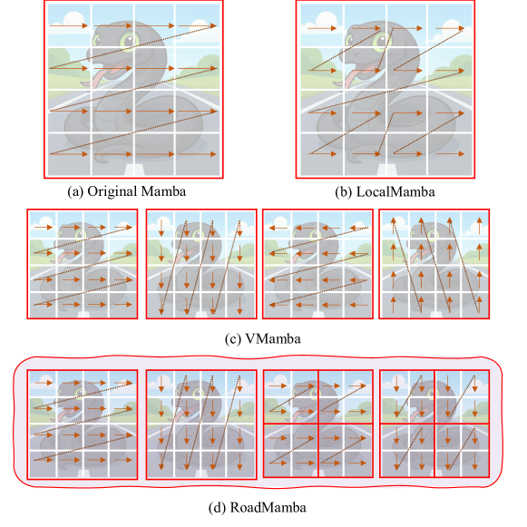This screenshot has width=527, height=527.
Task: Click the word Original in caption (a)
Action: point(112,191)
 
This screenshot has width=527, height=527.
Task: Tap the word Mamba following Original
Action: point(163,191)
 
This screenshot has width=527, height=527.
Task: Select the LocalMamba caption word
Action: point(395,192)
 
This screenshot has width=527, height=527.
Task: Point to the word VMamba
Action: point(273,338)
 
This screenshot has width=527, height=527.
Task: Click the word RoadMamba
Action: point(268,507)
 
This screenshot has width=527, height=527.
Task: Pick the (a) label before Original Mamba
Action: point(75,192)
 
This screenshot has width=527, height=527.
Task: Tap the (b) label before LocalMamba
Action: point(344,192)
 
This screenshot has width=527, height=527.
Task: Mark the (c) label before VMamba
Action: point(233,339)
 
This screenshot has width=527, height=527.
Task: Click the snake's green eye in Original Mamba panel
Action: point(128,41)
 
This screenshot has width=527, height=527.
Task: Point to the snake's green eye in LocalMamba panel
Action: point(380,41)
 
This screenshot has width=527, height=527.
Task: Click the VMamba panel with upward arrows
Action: point(434,264)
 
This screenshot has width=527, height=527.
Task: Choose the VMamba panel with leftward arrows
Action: point(318,264)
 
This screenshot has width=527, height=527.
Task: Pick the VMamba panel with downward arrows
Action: point(201,264)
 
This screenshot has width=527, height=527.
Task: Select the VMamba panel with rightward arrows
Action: point(83,264)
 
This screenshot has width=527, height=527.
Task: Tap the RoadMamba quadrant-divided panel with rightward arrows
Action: point(318,424)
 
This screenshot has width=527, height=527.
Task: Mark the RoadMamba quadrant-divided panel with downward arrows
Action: point(434,424)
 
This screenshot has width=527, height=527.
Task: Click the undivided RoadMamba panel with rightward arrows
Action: point(83,425)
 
